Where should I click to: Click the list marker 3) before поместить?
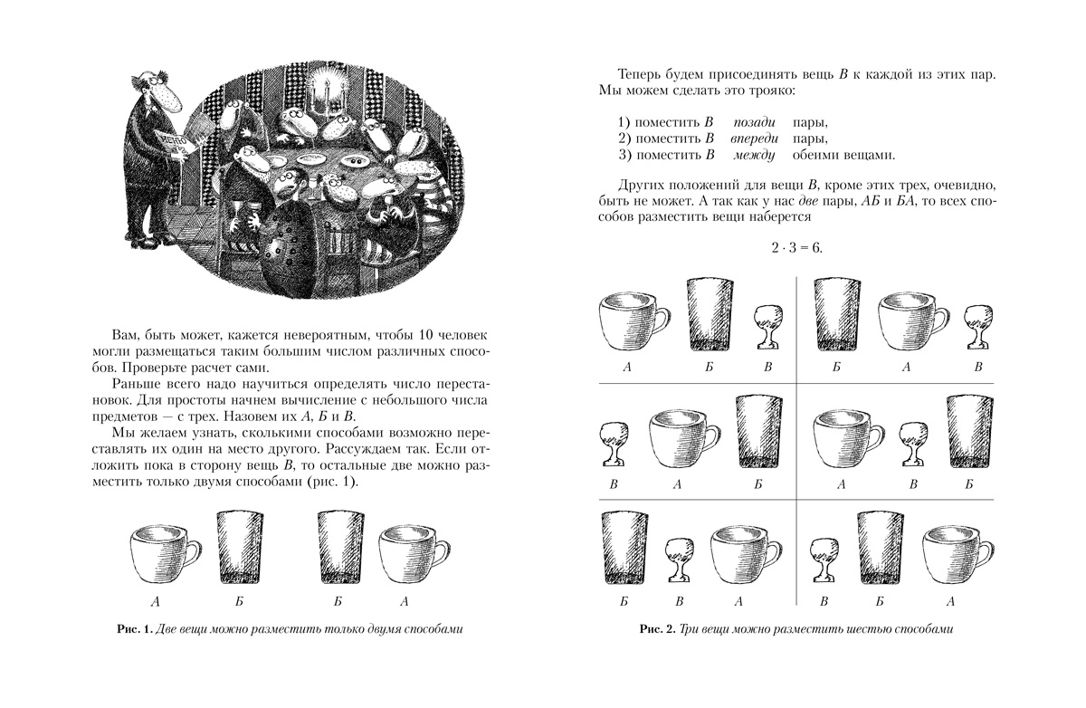[x=624, y=155]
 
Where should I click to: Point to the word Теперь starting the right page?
[x=639, y=75]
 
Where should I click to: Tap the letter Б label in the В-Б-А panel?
[x=874, y=601]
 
